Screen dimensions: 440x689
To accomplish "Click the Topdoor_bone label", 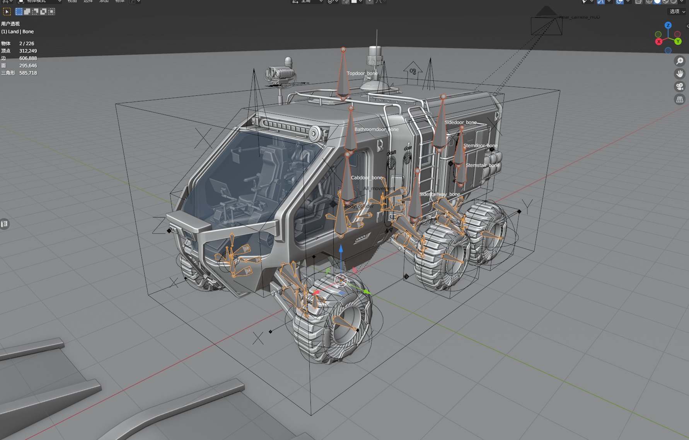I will [362, 73].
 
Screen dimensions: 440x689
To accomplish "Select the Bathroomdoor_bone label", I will [376, 129].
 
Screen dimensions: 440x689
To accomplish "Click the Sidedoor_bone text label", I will [460, 122].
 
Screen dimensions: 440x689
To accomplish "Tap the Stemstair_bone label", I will [483, 165].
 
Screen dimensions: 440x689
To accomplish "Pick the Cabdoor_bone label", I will [367, 178].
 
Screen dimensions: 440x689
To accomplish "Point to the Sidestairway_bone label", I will [440, 194].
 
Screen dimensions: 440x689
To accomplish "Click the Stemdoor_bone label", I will [480, 146].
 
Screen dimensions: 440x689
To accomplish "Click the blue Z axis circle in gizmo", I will [668, 25].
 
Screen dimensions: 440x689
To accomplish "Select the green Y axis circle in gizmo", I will [678, 41].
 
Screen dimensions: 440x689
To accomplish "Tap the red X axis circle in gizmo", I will [659, 41].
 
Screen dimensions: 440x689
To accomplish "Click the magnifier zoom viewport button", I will [679, 61].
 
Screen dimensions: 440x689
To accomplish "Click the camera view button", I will [679, 87].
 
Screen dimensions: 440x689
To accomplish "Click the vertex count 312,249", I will [28, 51].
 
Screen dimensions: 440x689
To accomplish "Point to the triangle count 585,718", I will [28, 73].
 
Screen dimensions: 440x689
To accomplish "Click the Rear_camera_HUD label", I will [579, 17].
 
